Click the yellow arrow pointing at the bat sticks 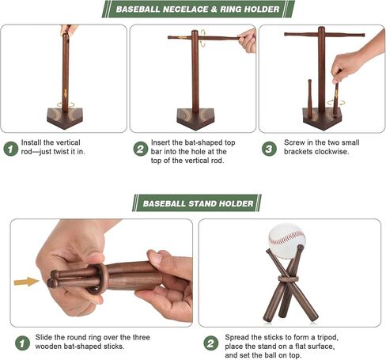26,282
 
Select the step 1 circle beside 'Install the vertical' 11,149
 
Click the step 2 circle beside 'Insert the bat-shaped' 141,149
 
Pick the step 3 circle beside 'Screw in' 269,149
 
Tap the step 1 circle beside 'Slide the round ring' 22,343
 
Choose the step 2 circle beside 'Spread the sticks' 211,343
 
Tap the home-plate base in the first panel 65,119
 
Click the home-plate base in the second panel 195,119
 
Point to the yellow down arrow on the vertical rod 66,93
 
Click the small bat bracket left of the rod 309,99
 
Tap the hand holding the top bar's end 247,40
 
